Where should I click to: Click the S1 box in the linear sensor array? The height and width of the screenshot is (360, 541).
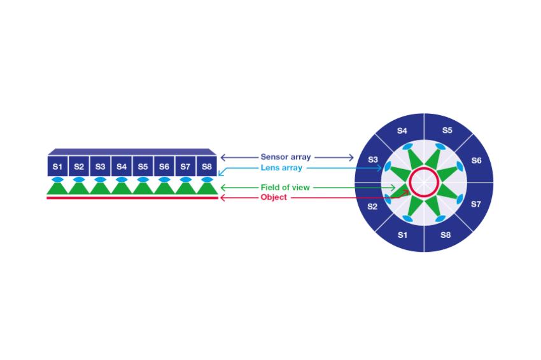[58, 166]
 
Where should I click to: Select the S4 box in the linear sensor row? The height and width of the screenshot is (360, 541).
[122, 166]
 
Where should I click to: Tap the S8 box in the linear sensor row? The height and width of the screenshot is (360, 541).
[206, 166]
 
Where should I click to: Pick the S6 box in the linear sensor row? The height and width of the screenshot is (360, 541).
[164, 166]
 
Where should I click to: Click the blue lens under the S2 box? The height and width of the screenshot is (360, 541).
[79, 179]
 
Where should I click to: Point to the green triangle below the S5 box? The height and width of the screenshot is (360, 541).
[143, 188]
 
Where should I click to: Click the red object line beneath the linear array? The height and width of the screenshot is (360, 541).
[132, 198]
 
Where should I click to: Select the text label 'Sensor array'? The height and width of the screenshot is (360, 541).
[286, 157]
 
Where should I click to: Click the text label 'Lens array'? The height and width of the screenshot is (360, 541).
[281, 168]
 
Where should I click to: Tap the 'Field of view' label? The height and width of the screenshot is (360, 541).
[285, 188]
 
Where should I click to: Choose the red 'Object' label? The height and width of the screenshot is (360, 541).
[274, 197]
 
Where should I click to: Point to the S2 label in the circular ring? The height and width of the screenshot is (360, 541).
[372, 207]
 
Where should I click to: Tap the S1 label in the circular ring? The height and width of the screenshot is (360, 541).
[402, 235]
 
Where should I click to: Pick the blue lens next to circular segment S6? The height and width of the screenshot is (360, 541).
[460, 167]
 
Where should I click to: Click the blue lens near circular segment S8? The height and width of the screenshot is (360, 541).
[440, 219]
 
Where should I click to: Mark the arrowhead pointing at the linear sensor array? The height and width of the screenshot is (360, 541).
[223, 158]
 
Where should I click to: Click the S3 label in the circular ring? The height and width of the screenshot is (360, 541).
[372, 160]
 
